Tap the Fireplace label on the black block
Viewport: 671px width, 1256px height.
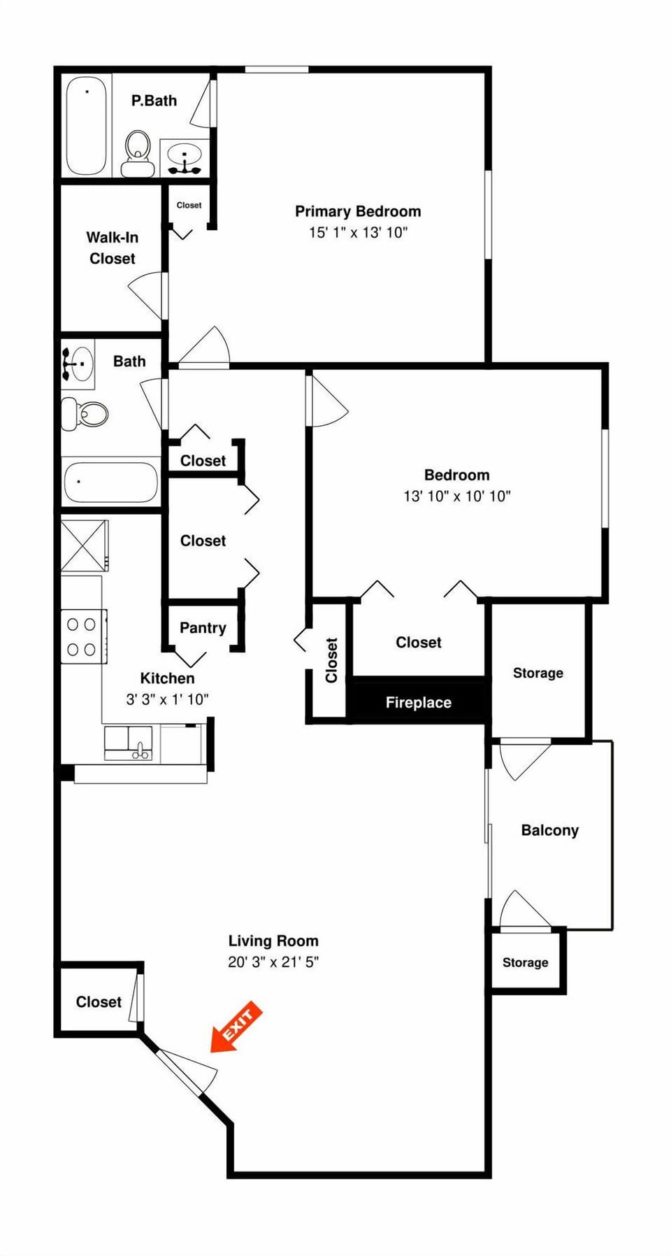(418, 702)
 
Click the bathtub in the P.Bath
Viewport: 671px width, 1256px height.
(87, 126)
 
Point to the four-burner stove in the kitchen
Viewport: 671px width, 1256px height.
(82, 636)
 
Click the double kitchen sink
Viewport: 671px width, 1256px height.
(129, 743)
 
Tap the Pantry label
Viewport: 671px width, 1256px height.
(203, 628)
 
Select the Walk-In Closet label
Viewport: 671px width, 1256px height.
(112, 248)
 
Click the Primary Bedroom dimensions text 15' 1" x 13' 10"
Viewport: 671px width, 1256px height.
(358, 233)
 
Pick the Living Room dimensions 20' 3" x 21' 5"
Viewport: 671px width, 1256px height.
(273, 962)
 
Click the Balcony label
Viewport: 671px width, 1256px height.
(549, 830)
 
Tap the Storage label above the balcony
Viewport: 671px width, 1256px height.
(537, 673)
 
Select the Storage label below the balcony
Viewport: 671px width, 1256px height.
(525, 962)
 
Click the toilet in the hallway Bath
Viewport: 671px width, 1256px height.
(85, 413)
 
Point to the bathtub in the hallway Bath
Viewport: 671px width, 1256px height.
(110, 482)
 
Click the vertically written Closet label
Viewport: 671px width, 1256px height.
(331, 659)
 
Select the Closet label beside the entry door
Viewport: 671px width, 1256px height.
(99, 1001)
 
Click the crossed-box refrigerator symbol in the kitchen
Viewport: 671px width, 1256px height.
(84, 545)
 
